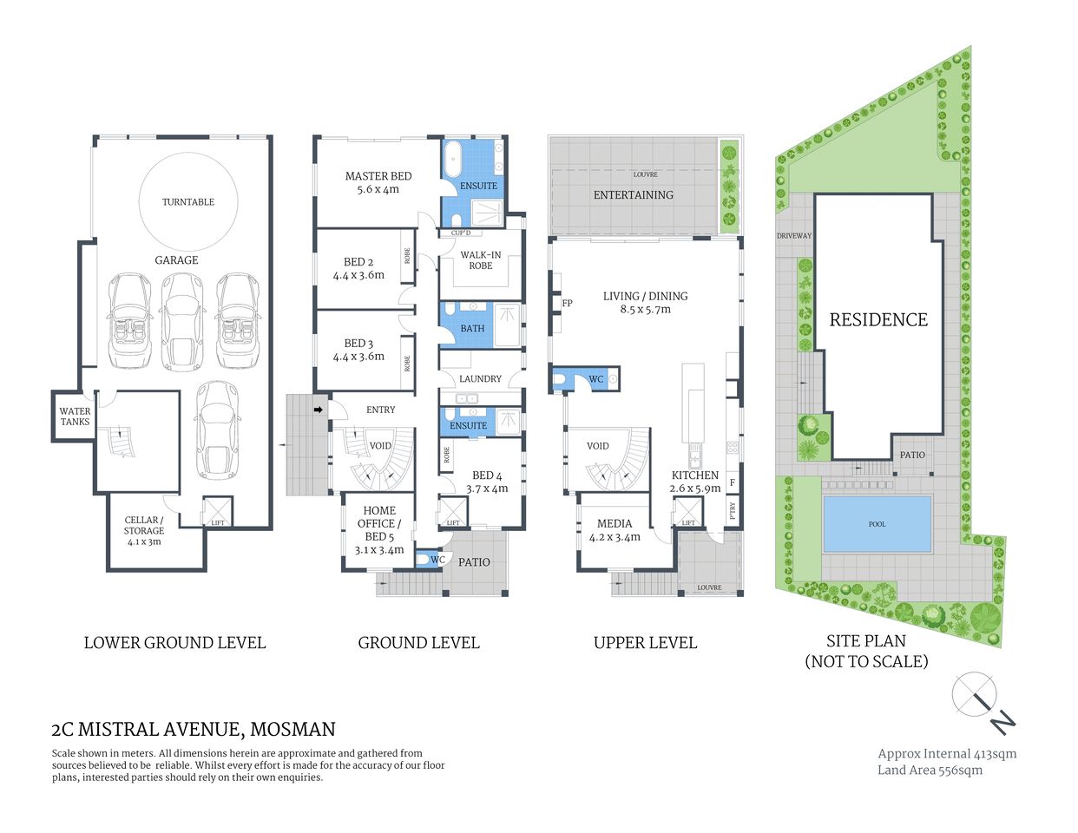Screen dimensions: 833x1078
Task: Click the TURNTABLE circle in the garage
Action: (x=188, y=201)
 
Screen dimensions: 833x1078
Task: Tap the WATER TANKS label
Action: (x=75, y=416)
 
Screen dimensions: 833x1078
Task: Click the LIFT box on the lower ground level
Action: (x=218, y=511)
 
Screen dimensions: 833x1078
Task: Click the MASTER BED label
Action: (x=378, y=176)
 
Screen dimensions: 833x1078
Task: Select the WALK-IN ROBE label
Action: (x=481, y=260)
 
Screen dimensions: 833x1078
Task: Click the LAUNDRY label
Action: (x=480, y=379)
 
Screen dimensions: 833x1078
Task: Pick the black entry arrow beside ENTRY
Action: (x=319, y=410)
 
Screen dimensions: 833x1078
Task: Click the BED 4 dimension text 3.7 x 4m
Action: (x=487, y=489)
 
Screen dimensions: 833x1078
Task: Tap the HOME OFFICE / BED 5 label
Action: (x=379, y=523)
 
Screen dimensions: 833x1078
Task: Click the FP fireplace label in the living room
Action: (x=568, y=304)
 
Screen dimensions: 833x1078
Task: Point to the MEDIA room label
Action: (x=615, y=524)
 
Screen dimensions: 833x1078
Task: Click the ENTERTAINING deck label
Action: (x=633, y=195)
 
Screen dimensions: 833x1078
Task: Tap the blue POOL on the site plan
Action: (x=877, y=524)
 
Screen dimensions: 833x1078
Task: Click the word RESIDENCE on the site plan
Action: (x=878, y=320)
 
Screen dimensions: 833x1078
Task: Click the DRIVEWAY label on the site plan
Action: (x=793, y=236)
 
